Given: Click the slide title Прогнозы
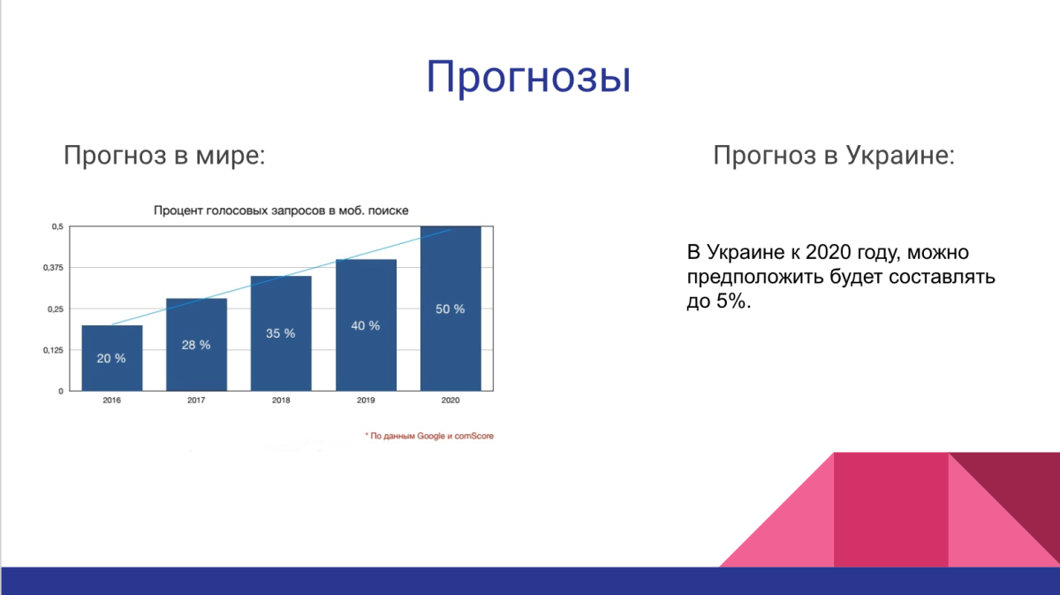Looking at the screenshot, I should click(528, 77).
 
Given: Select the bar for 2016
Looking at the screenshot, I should click(112, 358).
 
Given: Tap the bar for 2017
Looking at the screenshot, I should click(196, 345).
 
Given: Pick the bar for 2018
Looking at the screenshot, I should click(281, 333).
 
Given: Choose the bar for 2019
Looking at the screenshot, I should click(366, 324).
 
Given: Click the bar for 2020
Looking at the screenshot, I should click(450, 309).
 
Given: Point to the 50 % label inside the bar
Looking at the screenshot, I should click(450, 309).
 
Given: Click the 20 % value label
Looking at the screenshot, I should click(111, 358).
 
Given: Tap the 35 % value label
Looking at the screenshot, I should click(281, 333).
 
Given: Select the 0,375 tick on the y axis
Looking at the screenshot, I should click(54, 268).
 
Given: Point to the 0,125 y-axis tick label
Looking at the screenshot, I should click(54, 350).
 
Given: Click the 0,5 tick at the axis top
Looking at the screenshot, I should click(57, 227).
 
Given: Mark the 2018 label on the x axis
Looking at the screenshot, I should click(281, 400).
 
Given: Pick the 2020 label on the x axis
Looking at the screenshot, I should click(450, 400).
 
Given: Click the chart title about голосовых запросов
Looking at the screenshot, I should click(282, 210).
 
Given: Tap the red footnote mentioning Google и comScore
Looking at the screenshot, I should click(428, 436).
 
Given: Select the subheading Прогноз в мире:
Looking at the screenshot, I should click(164, 156).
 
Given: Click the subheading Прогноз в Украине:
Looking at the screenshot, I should click(834, 156).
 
